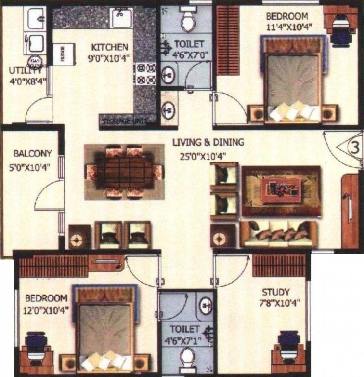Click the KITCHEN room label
(109, 47)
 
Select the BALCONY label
(32, 153)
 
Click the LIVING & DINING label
(208, 143)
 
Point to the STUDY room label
(275, 291)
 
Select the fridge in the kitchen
(64, 53)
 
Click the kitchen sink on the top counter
(119, 18)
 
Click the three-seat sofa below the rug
(278, 234)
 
